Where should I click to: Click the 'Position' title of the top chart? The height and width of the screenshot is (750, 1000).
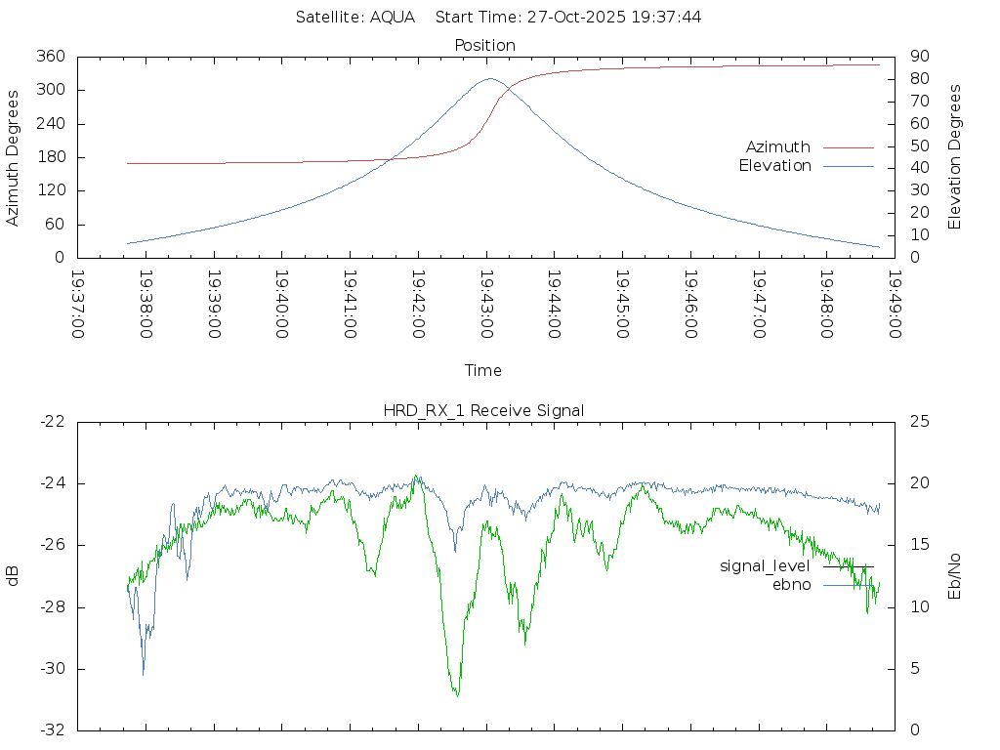pos(484,45)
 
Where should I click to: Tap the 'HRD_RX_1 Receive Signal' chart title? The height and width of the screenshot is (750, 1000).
pos(483,410)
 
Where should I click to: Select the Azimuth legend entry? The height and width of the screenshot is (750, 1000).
pos(778,146)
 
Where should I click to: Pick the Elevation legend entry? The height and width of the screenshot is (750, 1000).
pos(774,166)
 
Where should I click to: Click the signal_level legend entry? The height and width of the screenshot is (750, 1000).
pos(765,566)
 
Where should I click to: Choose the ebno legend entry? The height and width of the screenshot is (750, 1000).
pos(792,585)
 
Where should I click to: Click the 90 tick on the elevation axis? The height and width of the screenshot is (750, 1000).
pos(919,57)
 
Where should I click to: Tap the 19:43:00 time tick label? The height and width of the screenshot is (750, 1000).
pos(485,305)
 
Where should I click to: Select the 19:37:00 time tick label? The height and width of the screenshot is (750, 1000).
pos(77,305)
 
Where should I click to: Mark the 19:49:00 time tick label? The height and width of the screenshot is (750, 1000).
pos(894,305)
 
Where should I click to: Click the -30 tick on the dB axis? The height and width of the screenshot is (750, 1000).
pos(51,669)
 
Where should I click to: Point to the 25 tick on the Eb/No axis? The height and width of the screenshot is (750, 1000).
pos(919,422)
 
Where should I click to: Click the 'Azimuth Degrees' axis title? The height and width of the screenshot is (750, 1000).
pos(13,157)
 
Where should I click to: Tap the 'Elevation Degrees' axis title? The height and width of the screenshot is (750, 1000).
pos(956,157)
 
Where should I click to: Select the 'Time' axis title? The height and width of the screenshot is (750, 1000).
pos(483,371)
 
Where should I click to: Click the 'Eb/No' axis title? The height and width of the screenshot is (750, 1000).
pos(956,576)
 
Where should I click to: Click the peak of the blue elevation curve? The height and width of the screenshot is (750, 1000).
pos(489,79)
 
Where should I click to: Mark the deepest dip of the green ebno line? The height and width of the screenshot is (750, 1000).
pos(456,694)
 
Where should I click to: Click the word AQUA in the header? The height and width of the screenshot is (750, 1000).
pos(393,18)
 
